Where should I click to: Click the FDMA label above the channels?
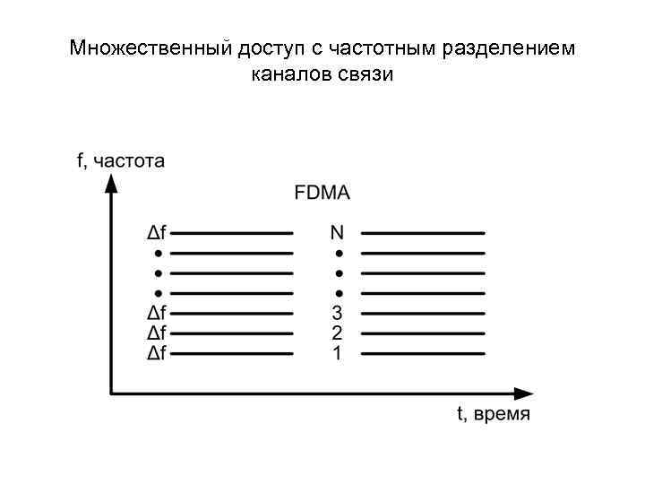pos(322,192)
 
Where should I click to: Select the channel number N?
pos(337,233)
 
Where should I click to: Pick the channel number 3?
pos(337,314)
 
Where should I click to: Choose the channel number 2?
pos(337,333)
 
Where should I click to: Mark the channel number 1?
pos(337,353)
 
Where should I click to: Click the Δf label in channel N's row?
pos(157,233)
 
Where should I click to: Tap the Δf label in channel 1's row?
pos(157,353)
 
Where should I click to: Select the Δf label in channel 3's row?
pos(157,314)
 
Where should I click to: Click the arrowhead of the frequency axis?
pos(111,184)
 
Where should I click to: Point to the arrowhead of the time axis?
pos(523,393)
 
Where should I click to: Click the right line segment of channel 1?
pos(423,353)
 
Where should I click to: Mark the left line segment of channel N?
pos(232,233)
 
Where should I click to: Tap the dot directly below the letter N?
pos(339,253)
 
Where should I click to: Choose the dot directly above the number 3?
pos(339,293)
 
